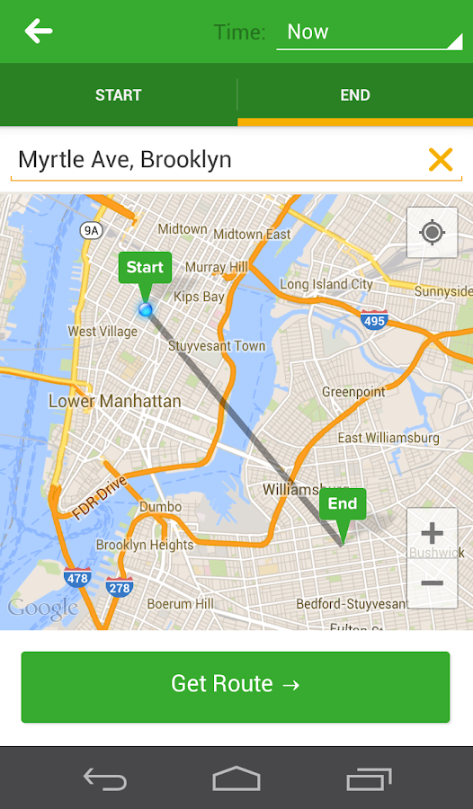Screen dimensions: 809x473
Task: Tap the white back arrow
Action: pyautogui.click(x=39, y=31)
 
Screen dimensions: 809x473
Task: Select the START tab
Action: pyautogui.click(x=118, y=95)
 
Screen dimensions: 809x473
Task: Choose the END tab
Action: pyautogui.click(x=355, y=95)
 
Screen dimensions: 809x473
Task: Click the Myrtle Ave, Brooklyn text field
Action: pyautogui.click(x=216, y=160)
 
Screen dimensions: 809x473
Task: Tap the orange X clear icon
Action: pyautogui.click(x=441, y=160)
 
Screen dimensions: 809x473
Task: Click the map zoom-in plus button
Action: pyautogui.click(x=433, y=533)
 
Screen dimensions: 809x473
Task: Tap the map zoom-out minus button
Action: pyautogui.click(x=433, y=583)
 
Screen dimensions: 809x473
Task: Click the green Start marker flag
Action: pyautogui.click(x=145, y=268)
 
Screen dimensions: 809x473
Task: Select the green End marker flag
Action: pyautogui.click(x=343, y=504)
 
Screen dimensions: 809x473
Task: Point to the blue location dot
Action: pyautogui.click(x=146, y=309)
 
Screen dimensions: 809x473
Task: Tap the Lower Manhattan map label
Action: pyautogui.click(x=114, y=401)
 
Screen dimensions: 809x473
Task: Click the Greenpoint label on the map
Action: pyautogui.click(x=353, y=392)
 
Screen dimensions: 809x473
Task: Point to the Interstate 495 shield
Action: pyautogui.click(x=373, y=320)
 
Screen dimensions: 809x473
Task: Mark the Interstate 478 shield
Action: pyautogui.click(x=77, y=578)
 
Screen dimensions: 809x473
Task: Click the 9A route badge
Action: pyautogui.click(x=91, y=230)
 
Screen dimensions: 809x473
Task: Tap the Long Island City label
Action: pyautogui.click(x=326, y=284)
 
